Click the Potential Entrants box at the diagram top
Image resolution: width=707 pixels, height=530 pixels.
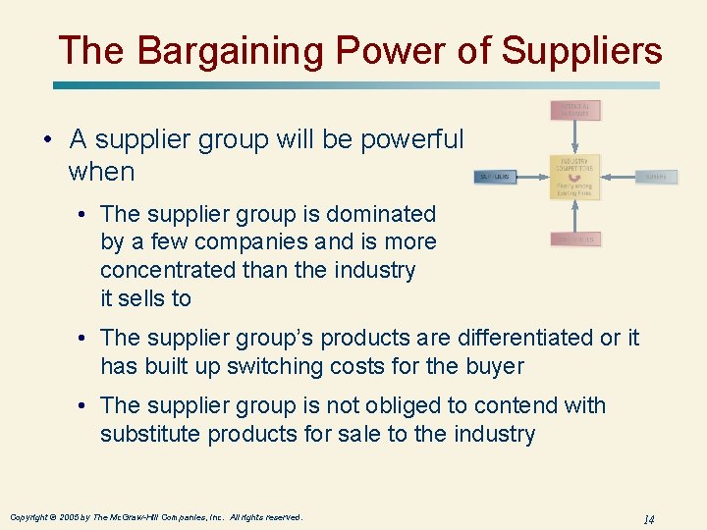pyautogui.click(x=575, y=110)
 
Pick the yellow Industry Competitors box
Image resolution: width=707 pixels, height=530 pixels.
pyautogui.click(x=575, y=177)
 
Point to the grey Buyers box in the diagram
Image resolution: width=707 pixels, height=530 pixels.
pyautogui.click(x=656, y=177)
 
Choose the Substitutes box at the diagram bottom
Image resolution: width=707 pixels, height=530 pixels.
pyautogui.click(x=575, y=239)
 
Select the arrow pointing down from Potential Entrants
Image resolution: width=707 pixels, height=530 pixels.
pyautogui.click(x=575, y=136)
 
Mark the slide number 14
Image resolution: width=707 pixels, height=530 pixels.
pyautogui.click(x=648, y=518)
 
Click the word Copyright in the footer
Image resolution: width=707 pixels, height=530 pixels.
pyautogui.click(x=30, y=516)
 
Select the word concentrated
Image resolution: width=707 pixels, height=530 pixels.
pyautogui.click(x=160, y=270)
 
